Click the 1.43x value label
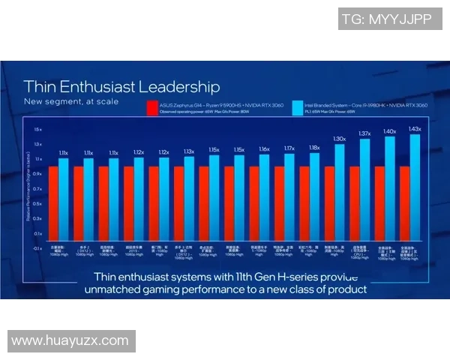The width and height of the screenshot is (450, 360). click(x=415, y=129)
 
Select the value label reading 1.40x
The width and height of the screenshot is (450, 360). click(x=389, y=131)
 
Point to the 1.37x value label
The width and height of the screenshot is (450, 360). click(x=364, y=133)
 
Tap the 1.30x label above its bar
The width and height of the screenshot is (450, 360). click(x=339, y=139)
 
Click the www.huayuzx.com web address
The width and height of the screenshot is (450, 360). click(x=71, y=340)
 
